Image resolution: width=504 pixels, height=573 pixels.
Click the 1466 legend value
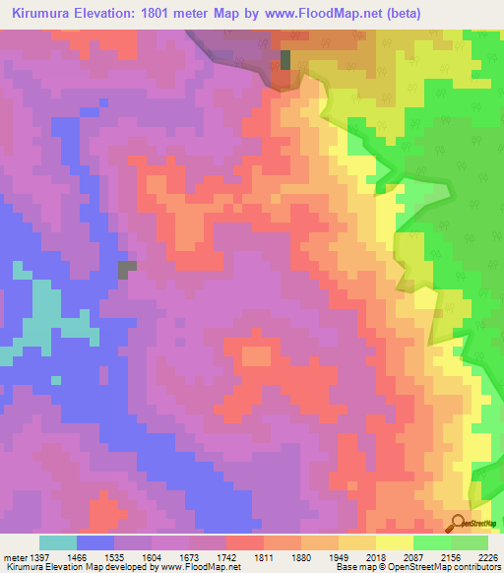coord(79,557)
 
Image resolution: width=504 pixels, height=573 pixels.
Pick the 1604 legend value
coord(151,557)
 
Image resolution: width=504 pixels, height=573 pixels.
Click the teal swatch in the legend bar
coord(58,542)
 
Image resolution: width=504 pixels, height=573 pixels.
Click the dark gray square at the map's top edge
coord(285,59)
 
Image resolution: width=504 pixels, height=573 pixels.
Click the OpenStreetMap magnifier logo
coord(460,523)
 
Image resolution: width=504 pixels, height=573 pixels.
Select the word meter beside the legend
coord(17,557)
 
